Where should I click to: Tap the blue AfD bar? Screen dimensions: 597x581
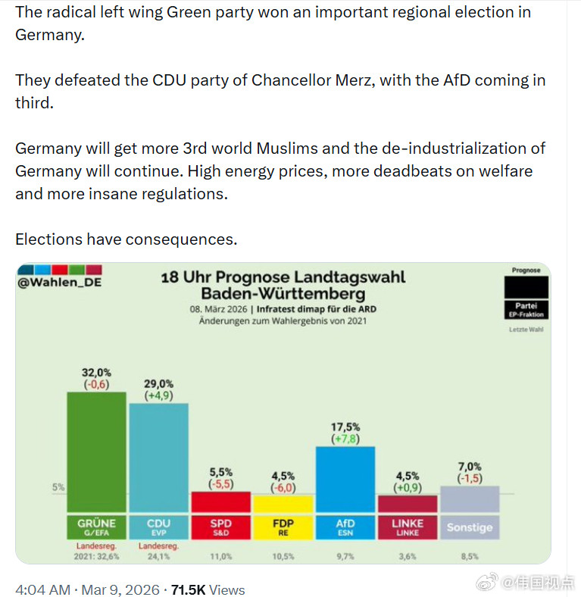[345, 479]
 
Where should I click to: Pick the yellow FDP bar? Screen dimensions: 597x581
[283, 504]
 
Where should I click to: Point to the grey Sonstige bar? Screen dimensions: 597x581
[470, 499]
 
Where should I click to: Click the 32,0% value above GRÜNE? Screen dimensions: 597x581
[96, 372]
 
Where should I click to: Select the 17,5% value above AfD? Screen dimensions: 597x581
[345, 427]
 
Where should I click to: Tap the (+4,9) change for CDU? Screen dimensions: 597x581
[159, 395]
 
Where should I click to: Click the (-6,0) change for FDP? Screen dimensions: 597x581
[283, 488]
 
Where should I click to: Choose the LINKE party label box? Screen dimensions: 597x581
[408, 527]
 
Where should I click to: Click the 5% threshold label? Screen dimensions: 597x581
[58, 488]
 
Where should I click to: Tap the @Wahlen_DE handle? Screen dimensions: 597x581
[58, 283]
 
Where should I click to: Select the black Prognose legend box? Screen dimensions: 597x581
[526, 286]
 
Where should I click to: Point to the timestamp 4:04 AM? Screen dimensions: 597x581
[43, 589]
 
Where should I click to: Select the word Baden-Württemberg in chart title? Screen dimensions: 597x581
[283, 293]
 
